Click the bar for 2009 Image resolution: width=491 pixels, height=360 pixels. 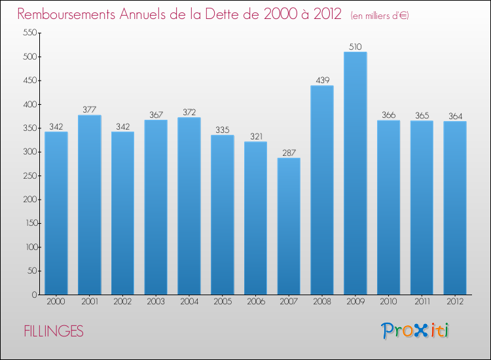tap(355, 173)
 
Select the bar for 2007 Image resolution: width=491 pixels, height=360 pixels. tap(289, 226)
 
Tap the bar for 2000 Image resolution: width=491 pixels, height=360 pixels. tap(56, 213)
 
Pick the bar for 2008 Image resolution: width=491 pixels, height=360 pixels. tap(321, 190)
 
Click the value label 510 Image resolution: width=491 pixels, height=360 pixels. tap(355, 46)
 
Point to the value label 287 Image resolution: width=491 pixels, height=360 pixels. tap(289, 153)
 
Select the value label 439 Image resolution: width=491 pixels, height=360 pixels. tap(321, 80)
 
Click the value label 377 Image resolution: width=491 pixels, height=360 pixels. tap(90, 109)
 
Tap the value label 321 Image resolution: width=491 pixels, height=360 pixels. tap(255, 136)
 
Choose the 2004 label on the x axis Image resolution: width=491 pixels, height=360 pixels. tap(189, 302)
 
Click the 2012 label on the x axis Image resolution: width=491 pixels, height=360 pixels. tap(454, 302)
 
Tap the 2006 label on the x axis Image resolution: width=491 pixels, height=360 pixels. tap(255, 302)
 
